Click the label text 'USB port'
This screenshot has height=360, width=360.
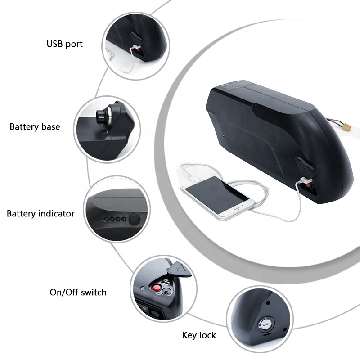[x=65, y=44]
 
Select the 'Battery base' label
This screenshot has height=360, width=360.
[x=35, y=127]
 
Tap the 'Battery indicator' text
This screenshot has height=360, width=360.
[x=40, y=213]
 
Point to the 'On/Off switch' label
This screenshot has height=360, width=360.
[x=78, y=292]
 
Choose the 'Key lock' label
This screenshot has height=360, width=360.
[x=199, y=335]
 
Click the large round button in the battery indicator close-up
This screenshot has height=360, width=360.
[x=134, y=220]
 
